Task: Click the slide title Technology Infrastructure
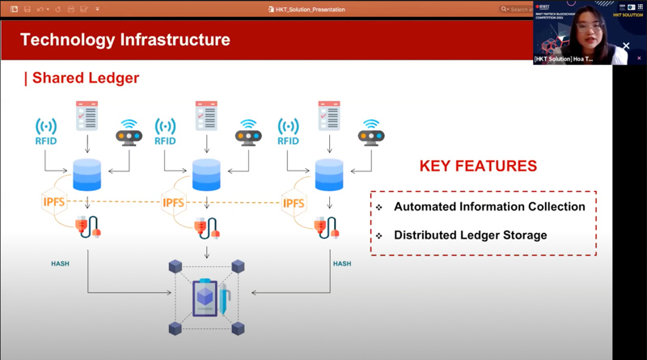[x=125, y=40]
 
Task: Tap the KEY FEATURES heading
[x=477, y=166]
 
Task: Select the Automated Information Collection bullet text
[x=489, y=207]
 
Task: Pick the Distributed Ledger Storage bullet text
[x=470, y=235]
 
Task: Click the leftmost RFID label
[x=46, y=141]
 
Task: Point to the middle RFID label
[x=165, y=141]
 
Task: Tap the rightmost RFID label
[x=288, y=141]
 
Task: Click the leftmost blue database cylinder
[x=87, y=173]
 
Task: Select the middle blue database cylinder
[x=206, y=173]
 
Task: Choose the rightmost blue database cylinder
[x=329, y=173]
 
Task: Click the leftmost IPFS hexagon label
[x=54, y=201]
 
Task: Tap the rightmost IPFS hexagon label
[x=294, y=201]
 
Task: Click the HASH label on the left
[x=60, y=264]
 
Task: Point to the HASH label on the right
[x=341, y=264]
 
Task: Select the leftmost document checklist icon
[x=87, y=116]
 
